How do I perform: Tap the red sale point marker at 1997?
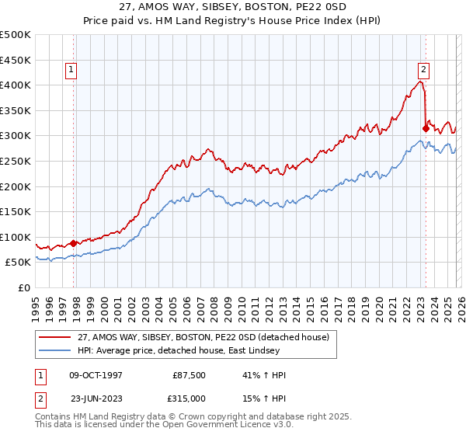click(x=74, y=243)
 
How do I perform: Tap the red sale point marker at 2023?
click(x=426, y=128)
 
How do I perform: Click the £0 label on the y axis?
click(x=24, y=287)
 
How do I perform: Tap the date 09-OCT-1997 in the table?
click(x=97, y=374)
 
